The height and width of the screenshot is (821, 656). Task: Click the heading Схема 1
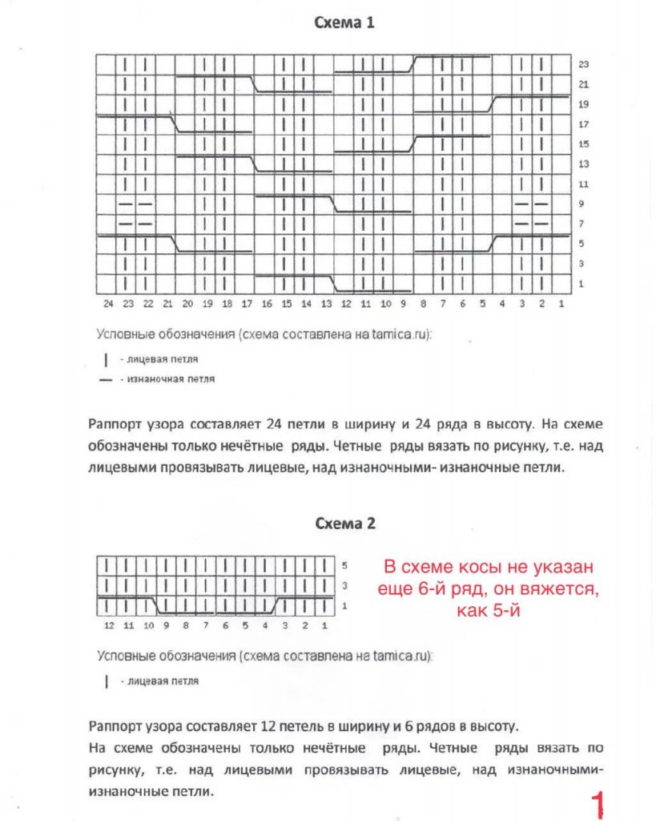click(x=344, y=23)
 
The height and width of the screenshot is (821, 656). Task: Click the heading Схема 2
click(x=344, y=524)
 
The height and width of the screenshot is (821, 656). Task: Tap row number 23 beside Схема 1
click(x=584, y=64)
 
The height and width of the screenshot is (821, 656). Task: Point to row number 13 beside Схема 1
click(x=584, y=164)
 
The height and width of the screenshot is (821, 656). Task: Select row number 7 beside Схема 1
click(x=582, y=224)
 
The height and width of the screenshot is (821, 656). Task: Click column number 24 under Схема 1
click(x=107, y=304)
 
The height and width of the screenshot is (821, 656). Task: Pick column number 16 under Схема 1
click(x=266, y=304)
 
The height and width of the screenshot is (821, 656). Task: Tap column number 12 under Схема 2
click(x=109, y=625)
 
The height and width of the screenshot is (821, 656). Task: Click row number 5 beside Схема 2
click(x=344, y=565)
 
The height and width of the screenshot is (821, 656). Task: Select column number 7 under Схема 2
click(x=206, y=625)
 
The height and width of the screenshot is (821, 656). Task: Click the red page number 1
click(x=596, y=803)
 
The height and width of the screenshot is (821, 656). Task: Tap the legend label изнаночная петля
click(x=167, y=378)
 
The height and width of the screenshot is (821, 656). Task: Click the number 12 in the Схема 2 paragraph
click(x=270, y=727)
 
